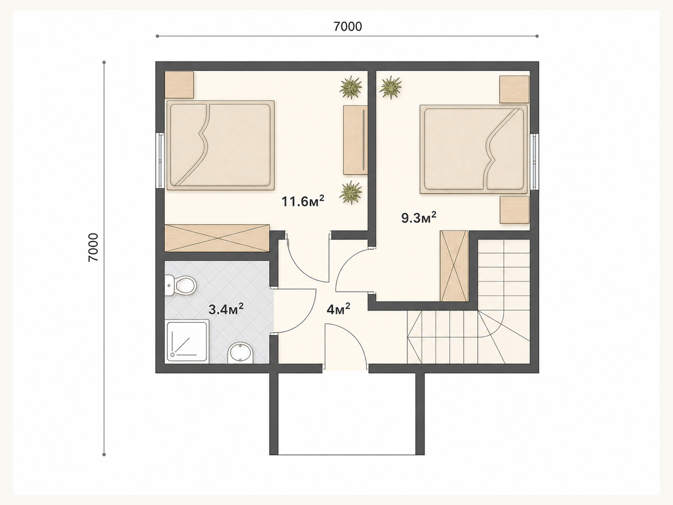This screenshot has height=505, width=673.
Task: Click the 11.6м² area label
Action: coord(302,202)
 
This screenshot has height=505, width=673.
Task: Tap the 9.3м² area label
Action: coord(419,218)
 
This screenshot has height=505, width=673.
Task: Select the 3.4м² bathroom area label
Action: coord(226,309)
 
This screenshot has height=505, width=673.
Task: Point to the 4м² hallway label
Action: coord(339,309)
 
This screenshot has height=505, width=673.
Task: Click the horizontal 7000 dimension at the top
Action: coord(347,27)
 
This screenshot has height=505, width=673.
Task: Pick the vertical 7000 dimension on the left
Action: coord(93,247)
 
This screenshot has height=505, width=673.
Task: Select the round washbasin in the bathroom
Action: coord(241,353)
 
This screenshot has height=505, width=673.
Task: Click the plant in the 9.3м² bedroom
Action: coord(390,88)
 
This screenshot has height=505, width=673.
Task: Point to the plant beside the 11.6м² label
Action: coord(351,193)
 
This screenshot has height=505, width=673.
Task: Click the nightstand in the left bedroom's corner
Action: coord(179,85)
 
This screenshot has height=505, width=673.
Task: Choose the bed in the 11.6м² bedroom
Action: coord(220,145)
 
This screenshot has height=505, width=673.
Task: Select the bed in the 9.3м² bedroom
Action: coord(474,150)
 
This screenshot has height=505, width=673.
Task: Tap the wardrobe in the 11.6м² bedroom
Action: coord(217,238)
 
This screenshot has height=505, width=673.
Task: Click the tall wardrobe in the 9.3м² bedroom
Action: coord(454,266)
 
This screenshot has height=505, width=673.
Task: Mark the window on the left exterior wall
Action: coord(160,160)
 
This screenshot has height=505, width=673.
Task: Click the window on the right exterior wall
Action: coord(535,162)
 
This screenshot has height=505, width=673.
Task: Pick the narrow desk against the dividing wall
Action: coord(355,140)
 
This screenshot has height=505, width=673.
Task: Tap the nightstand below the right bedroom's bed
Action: coord(514,210)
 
